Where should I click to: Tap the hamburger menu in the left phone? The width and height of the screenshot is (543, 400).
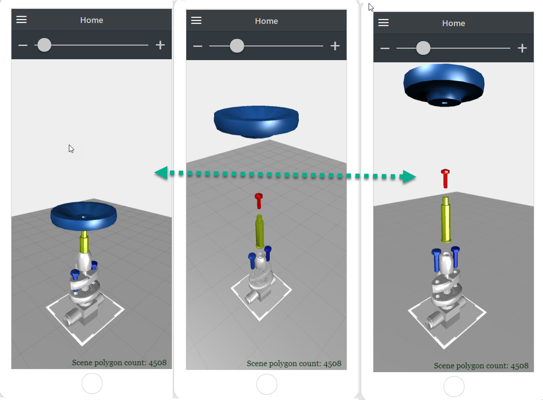pyautogui.click(x=22, y=19)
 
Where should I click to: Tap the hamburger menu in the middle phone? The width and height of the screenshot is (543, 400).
pyautogui.click(x=196, y=20)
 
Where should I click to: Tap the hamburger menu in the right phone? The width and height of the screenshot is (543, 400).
pyautogui.click(x=384, y=23)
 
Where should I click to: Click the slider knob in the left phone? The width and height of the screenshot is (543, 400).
pyautogui.click(x=44, y=45)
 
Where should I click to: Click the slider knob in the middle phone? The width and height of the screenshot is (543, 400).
pyautogui.click(x=237, y=46)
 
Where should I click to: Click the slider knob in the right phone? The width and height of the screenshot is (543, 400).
pyautogui.click(x=423, y=48)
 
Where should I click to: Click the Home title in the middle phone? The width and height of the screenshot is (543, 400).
pyautogui.click(x=266, y=21)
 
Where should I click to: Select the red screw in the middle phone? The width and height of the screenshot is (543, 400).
pyautogui.click(x=259, y=200)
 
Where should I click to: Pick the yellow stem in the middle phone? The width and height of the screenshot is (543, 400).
pyautogui.click(x=260, y=231)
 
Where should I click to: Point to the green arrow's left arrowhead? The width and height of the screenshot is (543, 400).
pyautogui.click(x=161, y=173)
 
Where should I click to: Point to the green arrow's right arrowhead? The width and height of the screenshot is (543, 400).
pyautogui.click(x=408, y=177)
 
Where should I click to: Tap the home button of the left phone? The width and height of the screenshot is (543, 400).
pyautogui.click(x=92, y=383)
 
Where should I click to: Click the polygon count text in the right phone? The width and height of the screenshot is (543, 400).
pyautogui.click(x=481, y=366)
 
